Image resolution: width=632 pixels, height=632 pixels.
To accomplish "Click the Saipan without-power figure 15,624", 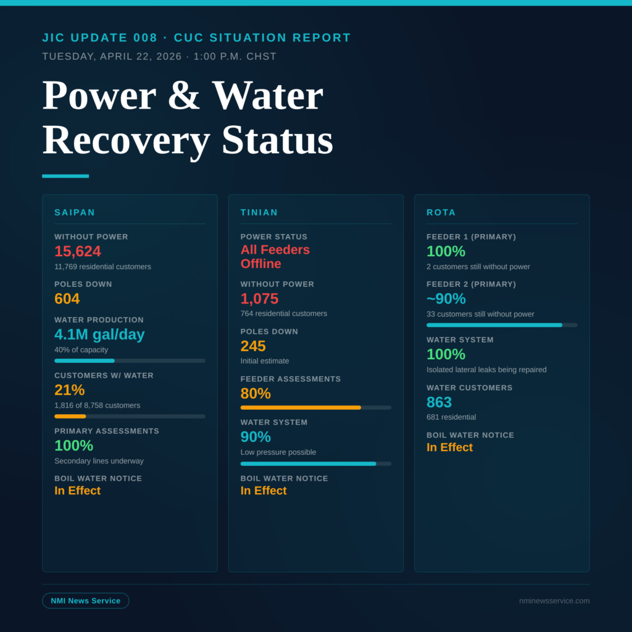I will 78,252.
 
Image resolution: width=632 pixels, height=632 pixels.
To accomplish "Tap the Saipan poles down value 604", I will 67,299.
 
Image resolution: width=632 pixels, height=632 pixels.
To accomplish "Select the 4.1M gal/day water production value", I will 99,335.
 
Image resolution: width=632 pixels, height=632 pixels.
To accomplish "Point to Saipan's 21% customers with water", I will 69,390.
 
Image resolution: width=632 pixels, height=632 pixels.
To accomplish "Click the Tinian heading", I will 259,212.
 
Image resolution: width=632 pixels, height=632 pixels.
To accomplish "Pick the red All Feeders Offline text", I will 275,257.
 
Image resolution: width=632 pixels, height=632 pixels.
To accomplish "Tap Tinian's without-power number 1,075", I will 259,299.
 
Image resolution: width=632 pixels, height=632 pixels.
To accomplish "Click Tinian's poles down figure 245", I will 253,346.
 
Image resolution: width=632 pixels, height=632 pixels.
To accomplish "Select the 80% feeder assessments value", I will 256,394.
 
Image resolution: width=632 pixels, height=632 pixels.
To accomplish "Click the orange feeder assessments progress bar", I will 301,407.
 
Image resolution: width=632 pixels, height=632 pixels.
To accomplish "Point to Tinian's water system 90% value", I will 256,437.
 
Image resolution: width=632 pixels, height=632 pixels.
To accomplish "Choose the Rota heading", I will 441,212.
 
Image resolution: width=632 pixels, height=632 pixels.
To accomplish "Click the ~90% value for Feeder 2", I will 446,299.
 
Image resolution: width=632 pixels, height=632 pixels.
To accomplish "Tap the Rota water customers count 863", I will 439,402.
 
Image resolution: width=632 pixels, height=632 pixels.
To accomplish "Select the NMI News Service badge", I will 86,601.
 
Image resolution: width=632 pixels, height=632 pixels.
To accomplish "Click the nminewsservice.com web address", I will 554,601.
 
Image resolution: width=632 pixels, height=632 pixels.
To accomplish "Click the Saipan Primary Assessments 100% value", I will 73,446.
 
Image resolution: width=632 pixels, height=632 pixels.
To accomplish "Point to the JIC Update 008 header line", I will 196,38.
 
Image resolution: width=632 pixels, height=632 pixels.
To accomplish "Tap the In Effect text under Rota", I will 449,447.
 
